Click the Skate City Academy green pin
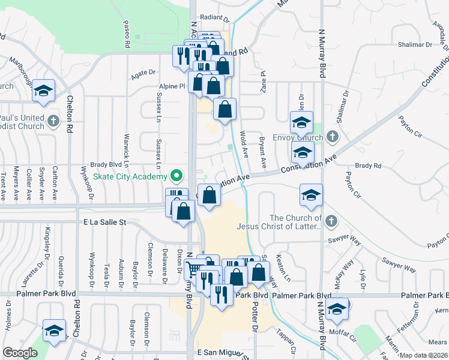pyautogui.click(x=176, y=177)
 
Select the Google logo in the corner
pyautogui.click(x=20, y=353)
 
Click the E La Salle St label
pyautogui.click(x=106, y=222)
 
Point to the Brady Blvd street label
pyautogui.click(x=106, y=164)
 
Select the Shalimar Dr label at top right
pyautogui.click(x=415, y=45)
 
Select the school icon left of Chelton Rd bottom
pyautogui.click(x=54, y=330)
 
